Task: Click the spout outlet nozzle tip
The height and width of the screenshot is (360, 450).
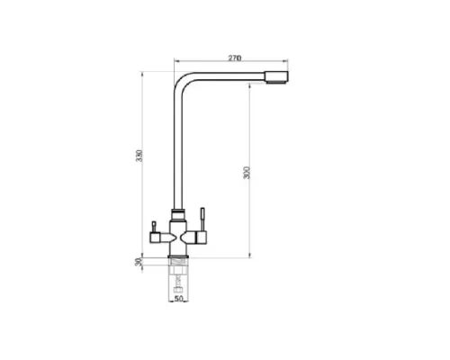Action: (280, 76)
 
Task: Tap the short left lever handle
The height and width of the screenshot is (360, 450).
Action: (154, 224)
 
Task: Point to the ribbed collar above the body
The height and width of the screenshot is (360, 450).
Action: (178, 215)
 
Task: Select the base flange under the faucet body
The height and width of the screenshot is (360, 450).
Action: (178, 260)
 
